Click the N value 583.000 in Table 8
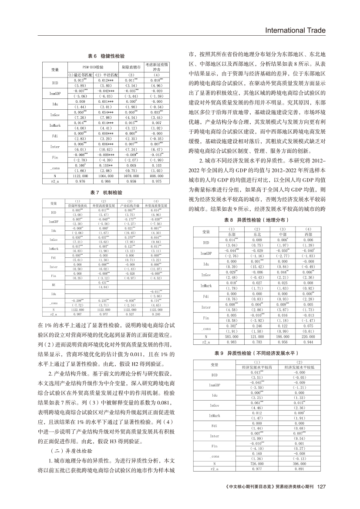coord(232,337)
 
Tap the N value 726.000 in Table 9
coord(256,465)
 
